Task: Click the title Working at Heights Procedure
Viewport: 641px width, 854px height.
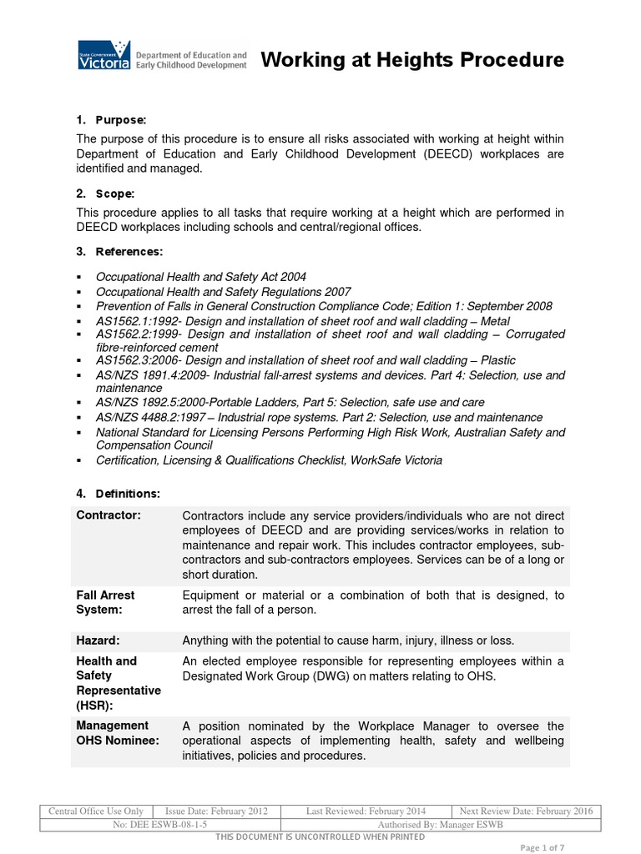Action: click(x=412, y=60)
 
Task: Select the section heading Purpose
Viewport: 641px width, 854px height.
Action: click(x=120, y=120)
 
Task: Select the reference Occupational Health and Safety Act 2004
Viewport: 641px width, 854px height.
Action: click(x=200, y=277)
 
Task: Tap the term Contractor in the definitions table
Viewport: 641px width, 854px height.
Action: click(x=109, y=515)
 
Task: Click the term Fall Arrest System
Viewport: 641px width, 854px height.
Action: click(x=105, y=602)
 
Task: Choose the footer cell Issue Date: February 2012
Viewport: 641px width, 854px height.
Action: click(x=217, y=811)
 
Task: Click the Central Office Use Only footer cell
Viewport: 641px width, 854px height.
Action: click(x=96, y=811)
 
